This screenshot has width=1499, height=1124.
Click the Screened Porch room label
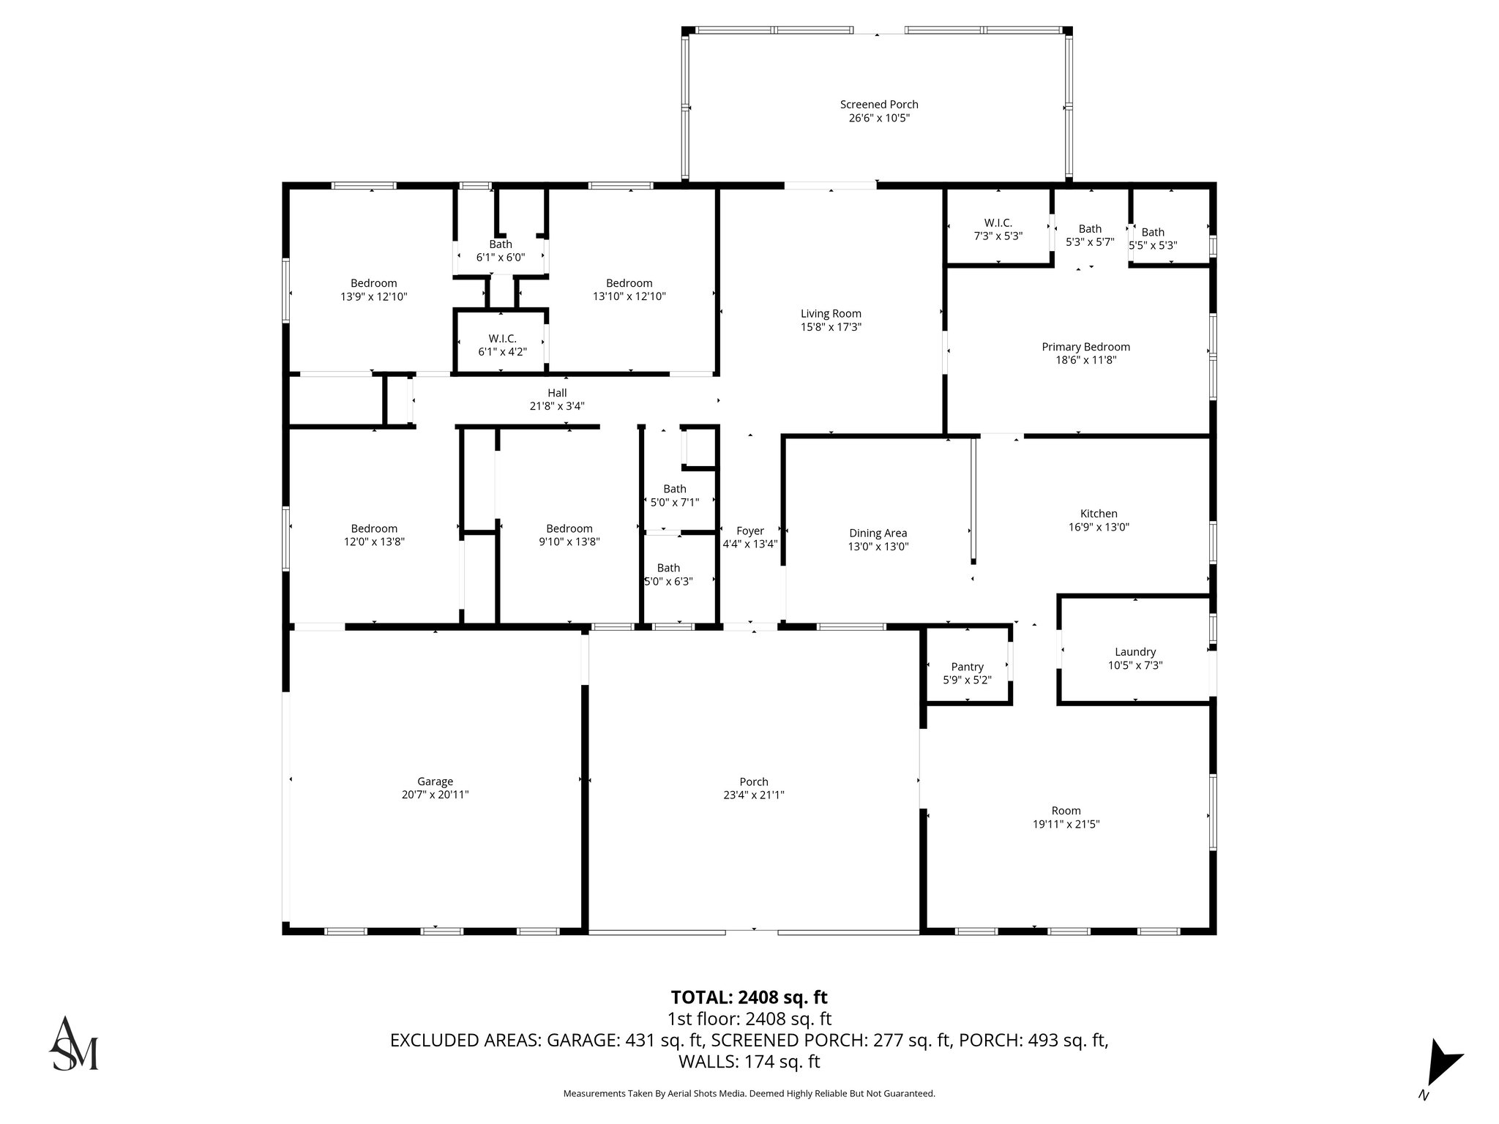(878, 105)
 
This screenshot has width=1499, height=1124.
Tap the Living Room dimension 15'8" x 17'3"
(831, 327)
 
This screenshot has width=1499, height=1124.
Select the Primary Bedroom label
(1085, 347)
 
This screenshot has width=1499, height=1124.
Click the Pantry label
(967, 667)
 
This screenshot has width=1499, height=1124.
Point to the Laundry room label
(1134, 652)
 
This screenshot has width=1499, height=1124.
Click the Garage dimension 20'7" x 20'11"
(435, 795)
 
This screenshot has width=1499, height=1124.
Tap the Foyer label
(749, 531)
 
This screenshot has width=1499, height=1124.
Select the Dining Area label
(878, 533)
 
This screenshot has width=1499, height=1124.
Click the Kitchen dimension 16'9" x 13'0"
(1099, 527)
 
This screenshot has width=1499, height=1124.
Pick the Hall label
(557, 393)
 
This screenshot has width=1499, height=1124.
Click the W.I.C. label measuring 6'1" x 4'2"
(502, 339)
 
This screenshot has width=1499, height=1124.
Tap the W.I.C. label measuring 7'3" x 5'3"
(998, 222)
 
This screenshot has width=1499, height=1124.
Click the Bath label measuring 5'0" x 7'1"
(674, 489)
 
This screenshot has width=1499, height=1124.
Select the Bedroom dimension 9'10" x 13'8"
(569, 542)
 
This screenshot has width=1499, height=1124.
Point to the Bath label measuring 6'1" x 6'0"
(501, 244)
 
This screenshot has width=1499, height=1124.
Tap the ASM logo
(73, 1044)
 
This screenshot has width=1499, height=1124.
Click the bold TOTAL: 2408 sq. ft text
(749, 997)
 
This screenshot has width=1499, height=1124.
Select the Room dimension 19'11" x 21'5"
(1066, 824)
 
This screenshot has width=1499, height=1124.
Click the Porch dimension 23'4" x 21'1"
(753, 795)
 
